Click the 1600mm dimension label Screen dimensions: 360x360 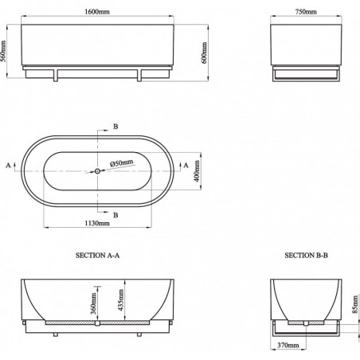97,12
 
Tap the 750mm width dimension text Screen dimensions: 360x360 306,12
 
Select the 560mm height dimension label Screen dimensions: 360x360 3,51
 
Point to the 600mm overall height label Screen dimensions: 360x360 204,53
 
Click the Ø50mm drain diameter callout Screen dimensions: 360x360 122,162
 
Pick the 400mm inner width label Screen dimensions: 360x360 197,171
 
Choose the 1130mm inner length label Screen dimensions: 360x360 97,223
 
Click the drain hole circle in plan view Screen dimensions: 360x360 97,171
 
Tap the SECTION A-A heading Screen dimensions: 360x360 97,256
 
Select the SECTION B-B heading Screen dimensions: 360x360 306,256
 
